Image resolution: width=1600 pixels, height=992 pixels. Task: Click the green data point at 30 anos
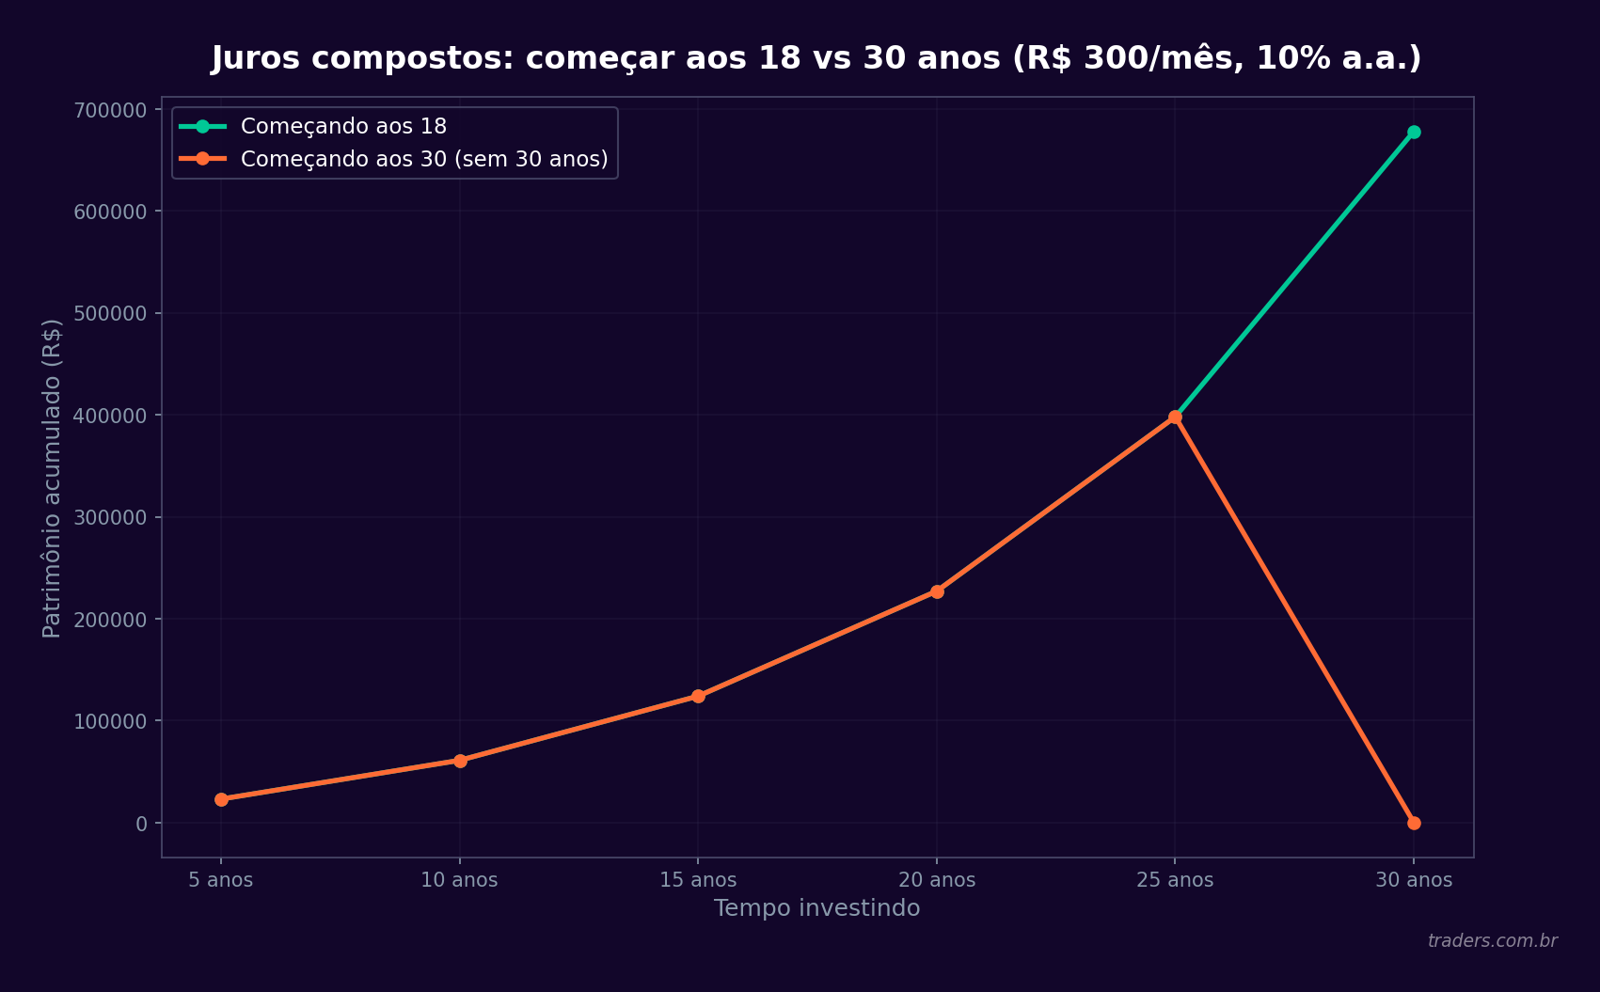(1414, 133)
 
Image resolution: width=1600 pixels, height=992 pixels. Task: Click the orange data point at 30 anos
(1414, 823)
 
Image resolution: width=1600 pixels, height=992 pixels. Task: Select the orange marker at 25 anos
(1175, 417)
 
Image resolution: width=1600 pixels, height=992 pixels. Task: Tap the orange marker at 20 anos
(937, 591)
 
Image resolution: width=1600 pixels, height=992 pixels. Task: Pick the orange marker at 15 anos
(698, 696)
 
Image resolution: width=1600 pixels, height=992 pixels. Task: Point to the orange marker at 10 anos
(460, 761)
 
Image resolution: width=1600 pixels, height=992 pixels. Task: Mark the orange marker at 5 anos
(221, 799)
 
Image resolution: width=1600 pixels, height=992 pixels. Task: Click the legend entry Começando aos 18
(343, 126)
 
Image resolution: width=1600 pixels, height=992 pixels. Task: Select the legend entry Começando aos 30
(423, 159)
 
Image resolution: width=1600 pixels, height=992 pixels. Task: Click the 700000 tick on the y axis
(111, 110)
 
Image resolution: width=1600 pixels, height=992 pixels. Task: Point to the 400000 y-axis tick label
(111, 416)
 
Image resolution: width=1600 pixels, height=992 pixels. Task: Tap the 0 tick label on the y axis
(142, 824)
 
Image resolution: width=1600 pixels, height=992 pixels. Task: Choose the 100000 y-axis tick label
(111, 721)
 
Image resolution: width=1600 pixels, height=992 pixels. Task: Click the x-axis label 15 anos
(698, 880)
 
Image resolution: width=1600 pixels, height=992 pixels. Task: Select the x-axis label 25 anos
(1175, 880)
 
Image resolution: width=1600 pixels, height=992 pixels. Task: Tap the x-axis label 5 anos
(221, 880)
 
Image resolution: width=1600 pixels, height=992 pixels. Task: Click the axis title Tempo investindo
(816, 908)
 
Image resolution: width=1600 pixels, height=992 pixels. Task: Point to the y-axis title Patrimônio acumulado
(53, 478)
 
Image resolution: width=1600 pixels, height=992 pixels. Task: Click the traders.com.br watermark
(1492, 941)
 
